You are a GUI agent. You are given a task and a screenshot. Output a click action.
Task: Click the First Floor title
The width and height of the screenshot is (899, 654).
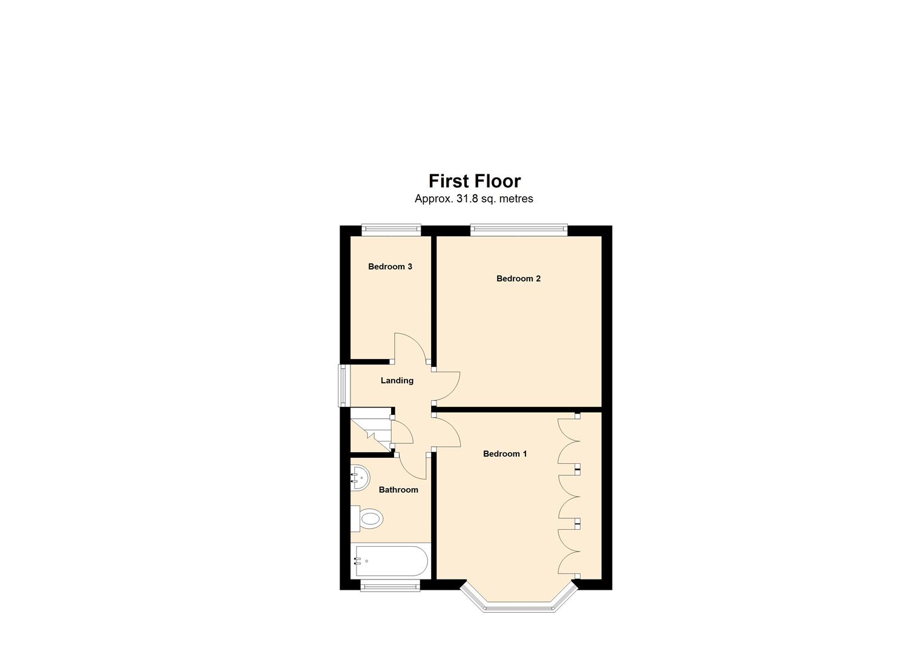(x=474, y=181)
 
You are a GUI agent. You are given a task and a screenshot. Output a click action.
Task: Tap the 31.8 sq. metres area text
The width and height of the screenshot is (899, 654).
(x=473, y=199)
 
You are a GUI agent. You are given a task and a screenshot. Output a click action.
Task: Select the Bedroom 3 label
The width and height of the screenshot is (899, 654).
(x=390, y=266)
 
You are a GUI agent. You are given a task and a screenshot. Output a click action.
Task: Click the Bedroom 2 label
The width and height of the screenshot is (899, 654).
(x=518, y=279)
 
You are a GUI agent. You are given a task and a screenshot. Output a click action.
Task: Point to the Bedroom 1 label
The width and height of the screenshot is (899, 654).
(x=505, y=454)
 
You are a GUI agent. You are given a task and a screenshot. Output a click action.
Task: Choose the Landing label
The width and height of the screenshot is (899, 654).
(x=397, y=380)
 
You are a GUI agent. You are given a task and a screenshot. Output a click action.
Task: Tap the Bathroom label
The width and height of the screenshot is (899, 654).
(x=398, y=489)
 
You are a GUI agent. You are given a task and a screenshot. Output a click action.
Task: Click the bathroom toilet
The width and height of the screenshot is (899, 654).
(x=368, y=518)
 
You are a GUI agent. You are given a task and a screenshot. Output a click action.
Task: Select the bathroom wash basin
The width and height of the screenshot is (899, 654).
(x=359, y=478)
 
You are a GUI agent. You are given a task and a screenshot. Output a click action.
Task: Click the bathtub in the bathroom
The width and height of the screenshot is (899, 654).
(x=390, y=561)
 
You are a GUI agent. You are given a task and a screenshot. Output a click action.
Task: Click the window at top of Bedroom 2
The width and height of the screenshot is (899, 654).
(x=519, y=230)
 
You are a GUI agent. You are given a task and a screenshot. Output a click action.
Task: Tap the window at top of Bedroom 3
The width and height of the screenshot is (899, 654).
(x=391, y=230)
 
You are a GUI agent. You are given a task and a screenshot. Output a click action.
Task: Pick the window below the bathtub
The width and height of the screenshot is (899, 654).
(x=390, y=585)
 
